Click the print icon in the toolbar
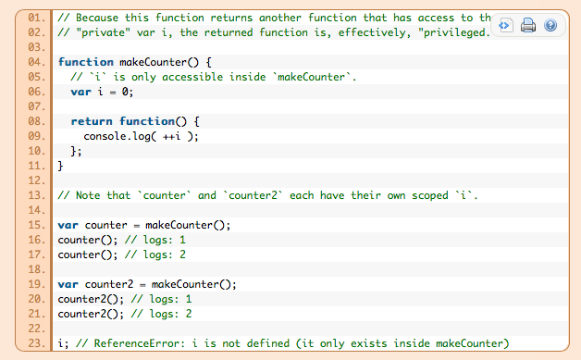click(528, 26)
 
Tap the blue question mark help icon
click(550, 26)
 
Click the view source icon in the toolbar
click(506, 26)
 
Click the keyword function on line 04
click(86, 62)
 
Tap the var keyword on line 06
click(80, 92)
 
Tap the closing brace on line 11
click(61, 166)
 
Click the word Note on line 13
click(90, 195)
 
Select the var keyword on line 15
click(67, 225)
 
